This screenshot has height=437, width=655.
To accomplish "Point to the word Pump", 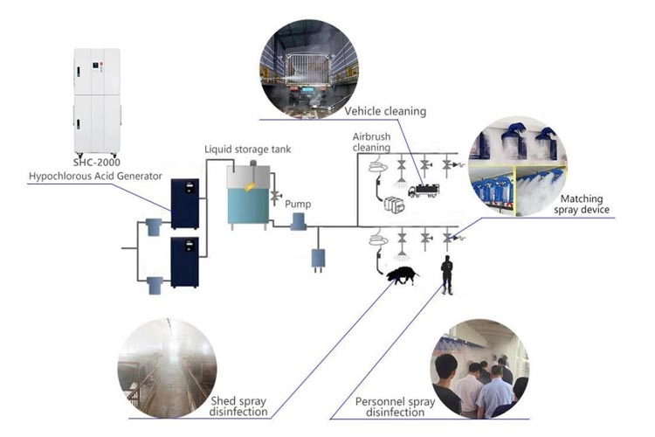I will coord(298,204).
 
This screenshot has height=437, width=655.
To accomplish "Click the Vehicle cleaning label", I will coord(385,111).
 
